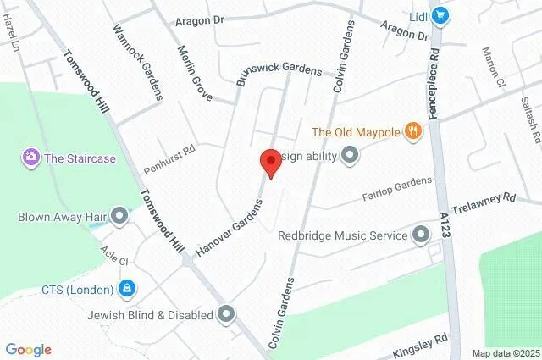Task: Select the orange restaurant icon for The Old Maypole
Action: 412,130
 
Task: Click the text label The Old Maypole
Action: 355,131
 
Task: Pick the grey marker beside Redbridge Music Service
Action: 421,235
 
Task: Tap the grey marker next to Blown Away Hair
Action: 119,217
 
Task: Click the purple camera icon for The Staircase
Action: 31,157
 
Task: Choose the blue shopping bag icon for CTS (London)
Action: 126,289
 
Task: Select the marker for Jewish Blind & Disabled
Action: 225,315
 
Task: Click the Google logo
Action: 28,349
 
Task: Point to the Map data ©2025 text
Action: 505,352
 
